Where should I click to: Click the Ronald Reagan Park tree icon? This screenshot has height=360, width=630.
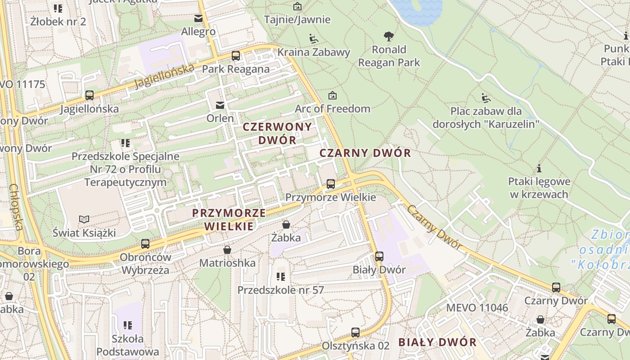(x=389, y=36)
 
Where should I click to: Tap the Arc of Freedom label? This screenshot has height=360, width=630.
(x=333, y=108)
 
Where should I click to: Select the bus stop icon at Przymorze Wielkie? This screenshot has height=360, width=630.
(x=331, y=184)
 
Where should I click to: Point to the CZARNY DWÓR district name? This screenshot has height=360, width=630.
(x=365, y=153)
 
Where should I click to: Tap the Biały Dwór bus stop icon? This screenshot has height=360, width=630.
(x=379, y=256)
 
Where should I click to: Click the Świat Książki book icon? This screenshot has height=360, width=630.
(x=84, y=219)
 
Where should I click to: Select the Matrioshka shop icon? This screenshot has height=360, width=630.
(x=227, y=249)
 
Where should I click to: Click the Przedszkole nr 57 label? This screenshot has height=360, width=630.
(x=281, y=290)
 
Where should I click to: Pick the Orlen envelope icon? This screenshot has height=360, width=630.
(x=220, y=105)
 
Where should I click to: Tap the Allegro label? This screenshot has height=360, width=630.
(x=198, y=32)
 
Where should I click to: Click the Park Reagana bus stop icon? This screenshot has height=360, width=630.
(x=236, y=56)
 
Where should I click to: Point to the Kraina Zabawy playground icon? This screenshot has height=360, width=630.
(x=314, y=39)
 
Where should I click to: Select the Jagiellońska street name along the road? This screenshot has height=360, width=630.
(x=164, y=76)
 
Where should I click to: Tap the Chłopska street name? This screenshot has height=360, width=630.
(x=16, y=207)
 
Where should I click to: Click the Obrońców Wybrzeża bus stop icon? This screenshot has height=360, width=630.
(x=145, y=244)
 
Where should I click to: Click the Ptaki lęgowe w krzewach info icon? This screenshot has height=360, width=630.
(x=539, y=169)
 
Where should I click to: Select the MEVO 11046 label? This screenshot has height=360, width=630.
(x=477, y=308)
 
